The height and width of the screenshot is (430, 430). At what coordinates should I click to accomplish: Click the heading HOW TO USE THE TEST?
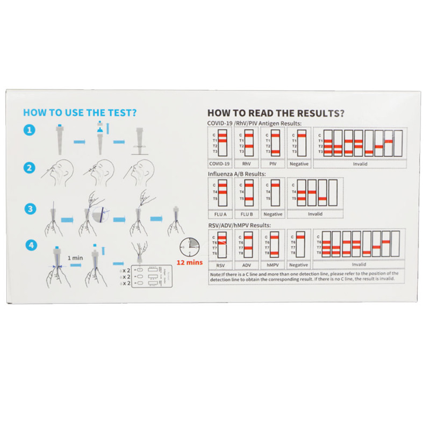[x=80, y=113]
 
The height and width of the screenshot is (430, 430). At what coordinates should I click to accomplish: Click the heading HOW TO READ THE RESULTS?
[x=276, y=114]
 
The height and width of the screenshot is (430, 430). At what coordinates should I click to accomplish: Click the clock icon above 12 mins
[x=189, y=247]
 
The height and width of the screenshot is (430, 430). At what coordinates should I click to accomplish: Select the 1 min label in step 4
[x=75, y=258]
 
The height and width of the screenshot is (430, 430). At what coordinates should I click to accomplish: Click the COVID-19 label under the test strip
[x=220, y=164]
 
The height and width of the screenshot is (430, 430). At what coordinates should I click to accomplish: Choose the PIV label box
[x=273, y=164]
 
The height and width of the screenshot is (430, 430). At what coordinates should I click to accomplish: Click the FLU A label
[x=220, y=214]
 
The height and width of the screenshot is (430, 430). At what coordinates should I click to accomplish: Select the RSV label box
[x=220, y=264]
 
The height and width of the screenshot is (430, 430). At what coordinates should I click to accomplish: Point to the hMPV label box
[x=273, y=264]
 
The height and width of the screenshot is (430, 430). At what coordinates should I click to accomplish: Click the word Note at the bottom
[x=215, y=273]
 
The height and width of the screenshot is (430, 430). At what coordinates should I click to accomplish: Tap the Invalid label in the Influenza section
[x=316, y=214]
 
